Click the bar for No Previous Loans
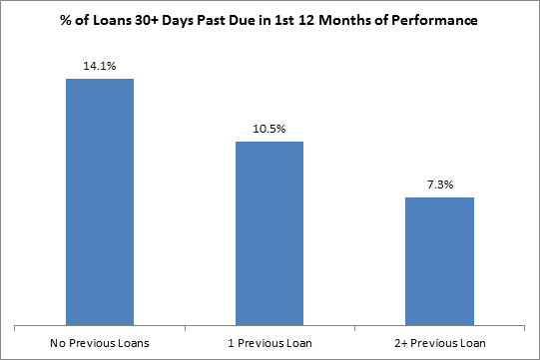pyautogui.click(x=100, y=200)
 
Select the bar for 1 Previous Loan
pyautogui.click(x=270, y=232)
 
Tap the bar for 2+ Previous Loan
pyautogui.click(x=439, y=260)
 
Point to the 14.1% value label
pyautogui.click(x=100, y=67)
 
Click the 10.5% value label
pyautogui.click(x=270, y=130)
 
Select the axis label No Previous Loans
pyautogui.click(x=100, y=343)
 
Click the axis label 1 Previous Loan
pyautogui.click(x=270, y=343)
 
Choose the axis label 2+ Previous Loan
pyautogui.click(x=439, y=343)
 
